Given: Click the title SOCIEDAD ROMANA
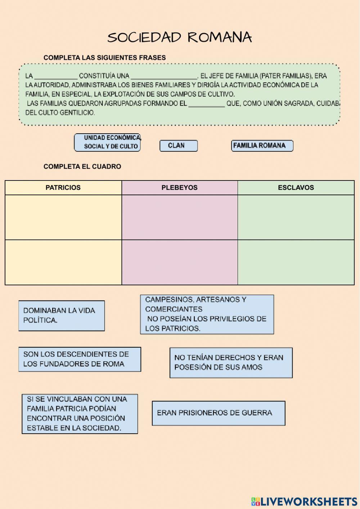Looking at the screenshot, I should pyautogui.click(x=179, y=37).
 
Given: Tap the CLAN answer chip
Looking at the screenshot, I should pyautogui.click(x=179, y=146).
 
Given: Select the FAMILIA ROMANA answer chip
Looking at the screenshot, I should pyautogui.click(x=262, y=146).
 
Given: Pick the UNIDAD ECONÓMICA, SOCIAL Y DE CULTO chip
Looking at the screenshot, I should pyautogui.click(x=107, y=142).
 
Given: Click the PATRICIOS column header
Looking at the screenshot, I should pyautogui.click(x=63, y=188).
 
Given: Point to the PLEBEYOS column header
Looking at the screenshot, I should pyautogui.click(x=179, y=188).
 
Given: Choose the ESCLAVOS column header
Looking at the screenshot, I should pyautogui.click(x=296, y=188).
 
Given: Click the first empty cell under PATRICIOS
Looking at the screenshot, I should pyautogui.click(x=63, y=217).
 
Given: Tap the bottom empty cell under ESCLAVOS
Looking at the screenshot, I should pyautogui.click(x=296, y=262).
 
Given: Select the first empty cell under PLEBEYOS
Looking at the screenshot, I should pyautogui.click(x=179, y=217).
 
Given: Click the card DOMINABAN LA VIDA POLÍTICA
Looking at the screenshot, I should pyautogui.click(x=62, y=316).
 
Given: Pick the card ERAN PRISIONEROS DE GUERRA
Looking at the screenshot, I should pyautogui.click(x=219, y=413).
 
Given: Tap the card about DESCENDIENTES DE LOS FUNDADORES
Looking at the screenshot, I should pyautogui.click(x=80, y=359).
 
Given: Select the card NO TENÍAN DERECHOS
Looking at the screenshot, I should pyautogui.click(x=231, y=363).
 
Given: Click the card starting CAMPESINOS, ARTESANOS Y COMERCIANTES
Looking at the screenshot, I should pyautogui.click(x=207, y=314).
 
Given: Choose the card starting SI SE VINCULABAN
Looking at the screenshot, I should pyautogui.click(x=80, y=414).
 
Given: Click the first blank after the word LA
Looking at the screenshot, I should pyautogui.click(x=56, y=76).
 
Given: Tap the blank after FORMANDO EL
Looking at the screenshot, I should pyautogui.click(x=207, y=104).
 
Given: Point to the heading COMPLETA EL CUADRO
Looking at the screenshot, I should pyautogui.click(x=82, y=166).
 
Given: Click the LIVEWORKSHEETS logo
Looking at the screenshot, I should pyautogui.click(x=304, y=501).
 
